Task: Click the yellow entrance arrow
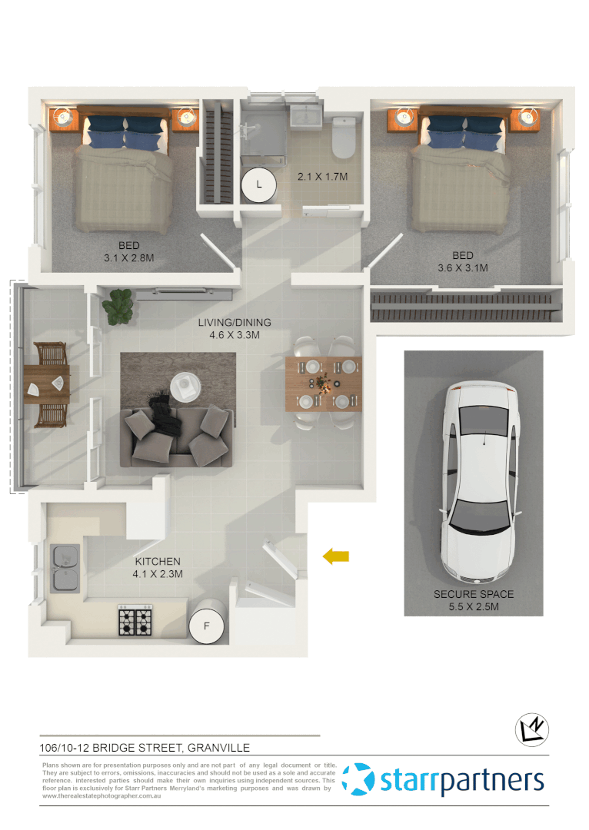tap(336, 556)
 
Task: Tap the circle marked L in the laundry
tap(259, 184)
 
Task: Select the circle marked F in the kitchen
tap(206, 626)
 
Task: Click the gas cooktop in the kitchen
tap(135, 621)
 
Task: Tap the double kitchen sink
tap(65, 567)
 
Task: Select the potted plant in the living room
tap(119, 306)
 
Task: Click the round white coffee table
tap(185, 386)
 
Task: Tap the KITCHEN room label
tap(158, 562)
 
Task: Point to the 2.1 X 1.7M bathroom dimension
tap(323, 177)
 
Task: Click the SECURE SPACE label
tap(473, 594)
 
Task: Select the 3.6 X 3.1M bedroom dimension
tap(462, 268)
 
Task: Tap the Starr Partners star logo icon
tap(358, 779)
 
